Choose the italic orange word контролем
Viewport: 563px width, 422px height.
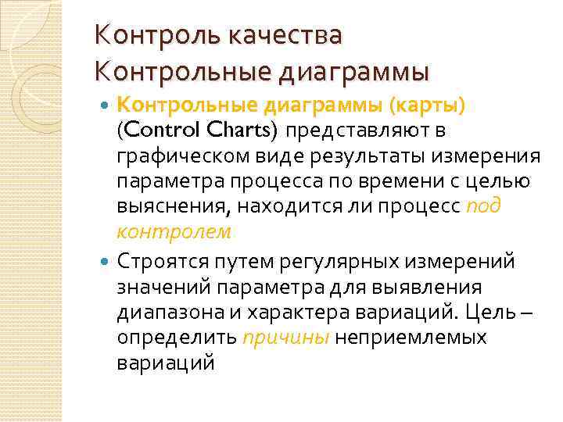[x=173, y=231]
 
